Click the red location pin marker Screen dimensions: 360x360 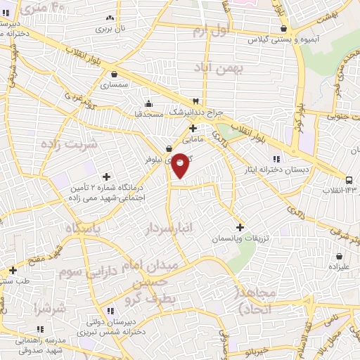coord(181,164)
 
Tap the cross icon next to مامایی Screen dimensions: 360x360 coord(193,128)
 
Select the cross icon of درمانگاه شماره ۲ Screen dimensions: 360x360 coord(106,176)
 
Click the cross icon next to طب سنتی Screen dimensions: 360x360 coord(13,269)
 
